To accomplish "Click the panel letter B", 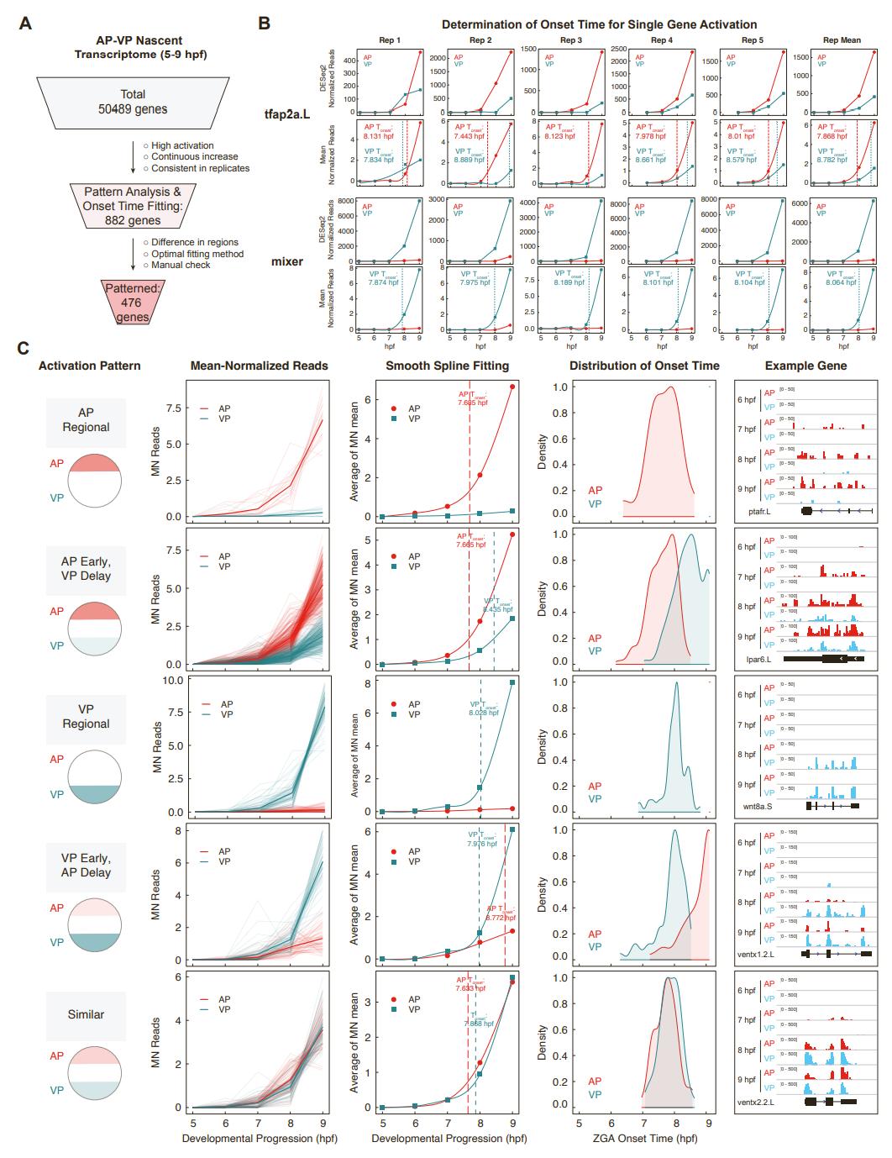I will pos(264,23).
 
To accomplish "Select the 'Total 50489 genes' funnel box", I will pos(133,101).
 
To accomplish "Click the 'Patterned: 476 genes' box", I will pos(133,303).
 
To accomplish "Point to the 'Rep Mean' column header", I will pos(841,40).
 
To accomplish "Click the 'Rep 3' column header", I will pos(571,40).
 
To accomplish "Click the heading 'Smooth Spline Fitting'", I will pos(447,366).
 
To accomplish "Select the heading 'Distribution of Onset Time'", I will pos(644,366).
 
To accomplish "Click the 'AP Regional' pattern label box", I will pos(86,420).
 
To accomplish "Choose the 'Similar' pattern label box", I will pos(86,1014).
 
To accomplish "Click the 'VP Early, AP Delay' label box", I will pos(86,866).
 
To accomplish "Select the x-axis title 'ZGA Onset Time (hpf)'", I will pos(643,1139).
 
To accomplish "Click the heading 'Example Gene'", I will pos(805,366).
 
